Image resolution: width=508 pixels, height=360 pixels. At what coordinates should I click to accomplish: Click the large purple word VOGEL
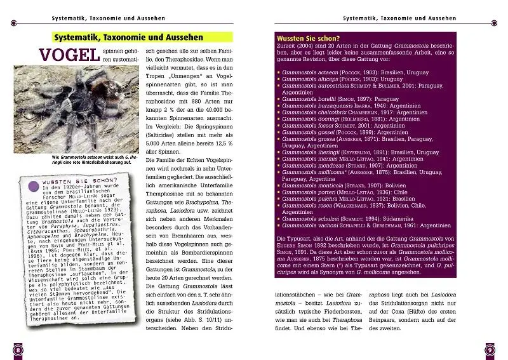(70, 55)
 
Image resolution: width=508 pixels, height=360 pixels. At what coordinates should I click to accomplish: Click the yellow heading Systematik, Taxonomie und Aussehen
(128, 37)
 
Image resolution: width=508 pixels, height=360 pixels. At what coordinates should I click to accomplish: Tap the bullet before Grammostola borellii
(279, 98)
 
